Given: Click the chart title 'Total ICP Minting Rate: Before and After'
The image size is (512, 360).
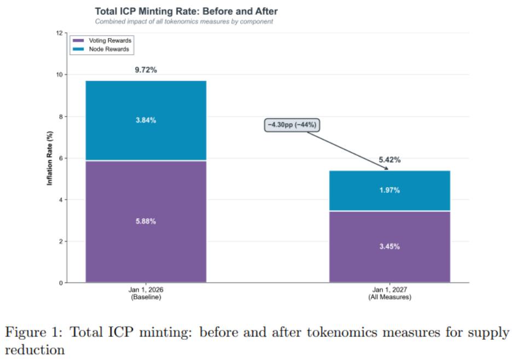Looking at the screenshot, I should (x=186, y=11).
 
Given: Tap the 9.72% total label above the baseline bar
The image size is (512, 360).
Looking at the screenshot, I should (x=146, y=71).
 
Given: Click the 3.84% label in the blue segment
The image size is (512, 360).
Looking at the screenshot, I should (x=146, y=120).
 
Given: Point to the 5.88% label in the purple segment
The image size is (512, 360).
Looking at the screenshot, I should (x=146, y=222).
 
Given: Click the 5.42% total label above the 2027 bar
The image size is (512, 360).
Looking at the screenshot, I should (x=389, y=160).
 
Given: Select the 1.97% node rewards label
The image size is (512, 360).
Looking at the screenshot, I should (x=389, y=190).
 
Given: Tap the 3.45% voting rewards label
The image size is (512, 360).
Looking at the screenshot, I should (x=389, y=247).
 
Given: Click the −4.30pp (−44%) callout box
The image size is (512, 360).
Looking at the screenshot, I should (x=292, y=125).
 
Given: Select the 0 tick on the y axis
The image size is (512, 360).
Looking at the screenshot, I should (x=61, y=283).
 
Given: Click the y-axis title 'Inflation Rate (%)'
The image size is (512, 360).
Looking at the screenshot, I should (x=50, y=158).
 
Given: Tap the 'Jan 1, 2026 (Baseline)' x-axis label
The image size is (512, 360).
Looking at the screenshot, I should (x=146, y=293).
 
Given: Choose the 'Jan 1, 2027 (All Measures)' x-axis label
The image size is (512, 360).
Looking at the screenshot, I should (x=389, y=293).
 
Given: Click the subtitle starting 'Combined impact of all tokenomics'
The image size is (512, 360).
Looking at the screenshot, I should (x=184, y=22).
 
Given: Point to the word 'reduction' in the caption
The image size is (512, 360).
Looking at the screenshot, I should (x=34, y=349).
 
